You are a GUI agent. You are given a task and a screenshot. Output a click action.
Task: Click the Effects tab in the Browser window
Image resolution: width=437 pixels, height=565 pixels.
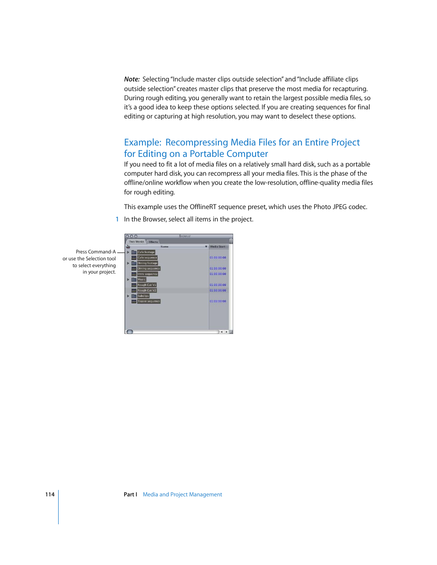point(153,242)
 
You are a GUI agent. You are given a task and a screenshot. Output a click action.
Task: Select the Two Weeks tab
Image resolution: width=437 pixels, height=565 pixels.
point(136,242)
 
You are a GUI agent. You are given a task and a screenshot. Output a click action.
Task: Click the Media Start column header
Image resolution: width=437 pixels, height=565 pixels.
point(218,247)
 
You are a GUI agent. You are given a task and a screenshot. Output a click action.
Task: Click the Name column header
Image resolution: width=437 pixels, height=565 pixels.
point(164,247)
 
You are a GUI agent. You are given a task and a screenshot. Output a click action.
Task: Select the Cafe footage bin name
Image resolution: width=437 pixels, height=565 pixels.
point(146,252)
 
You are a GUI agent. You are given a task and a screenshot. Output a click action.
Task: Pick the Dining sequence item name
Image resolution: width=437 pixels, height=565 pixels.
point(148,269)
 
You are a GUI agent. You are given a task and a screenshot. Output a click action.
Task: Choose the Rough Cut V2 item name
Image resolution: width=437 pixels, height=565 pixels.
point(147,291)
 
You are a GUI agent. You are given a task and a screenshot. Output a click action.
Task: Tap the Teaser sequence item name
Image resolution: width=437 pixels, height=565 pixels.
point(148,301)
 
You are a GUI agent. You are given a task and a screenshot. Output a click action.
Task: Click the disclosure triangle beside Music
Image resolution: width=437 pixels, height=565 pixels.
point(128,280)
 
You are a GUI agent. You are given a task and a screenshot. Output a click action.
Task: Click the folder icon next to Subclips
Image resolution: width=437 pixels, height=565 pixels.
point(134,296)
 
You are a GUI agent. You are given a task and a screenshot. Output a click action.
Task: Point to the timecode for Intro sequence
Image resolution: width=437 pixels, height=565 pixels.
point(218,274)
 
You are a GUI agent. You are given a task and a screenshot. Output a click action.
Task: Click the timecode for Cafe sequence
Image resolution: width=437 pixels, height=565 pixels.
point(218,258)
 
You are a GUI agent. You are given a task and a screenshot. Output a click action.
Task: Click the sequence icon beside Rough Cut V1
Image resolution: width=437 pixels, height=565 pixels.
point(134,285)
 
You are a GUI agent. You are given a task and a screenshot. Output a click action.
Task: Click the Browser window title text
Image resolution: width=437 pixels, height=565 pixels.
point(185,236)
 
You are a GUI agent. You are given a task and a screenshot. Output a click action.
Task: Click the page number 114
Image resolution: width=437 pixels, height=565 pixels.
point(49,495)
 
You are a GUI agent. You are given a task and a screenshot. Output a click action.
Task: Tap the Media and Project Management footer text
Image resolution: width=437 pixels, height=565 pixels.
point(182,495)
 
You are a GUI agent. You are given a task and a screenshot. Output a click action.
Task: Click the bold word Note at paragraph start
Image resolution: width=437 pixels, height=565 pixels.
point(131,79)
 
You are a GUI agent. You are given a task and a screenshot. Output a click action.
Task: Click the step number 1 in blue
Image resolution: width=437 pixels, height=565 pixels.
point(117,219)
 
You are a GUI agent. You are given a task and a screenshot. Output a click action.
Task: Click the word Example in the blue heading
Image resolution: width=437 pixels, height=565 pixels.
point(142,142)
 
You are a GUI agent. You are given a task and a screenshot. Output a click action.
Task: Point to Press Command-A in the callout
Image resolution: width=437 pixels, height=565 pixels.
point(96,252)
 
